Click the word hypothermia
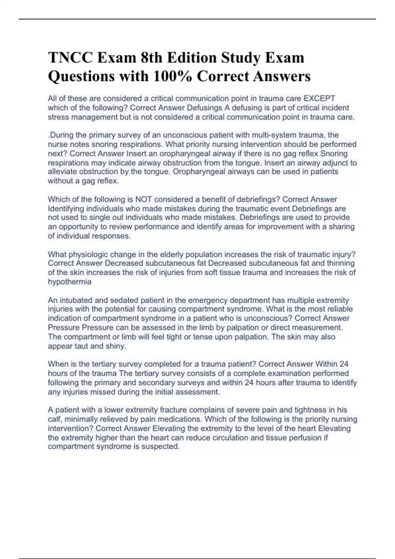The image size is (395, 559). pos(69,282)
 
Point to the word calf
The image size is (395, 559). pos(54,419)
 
